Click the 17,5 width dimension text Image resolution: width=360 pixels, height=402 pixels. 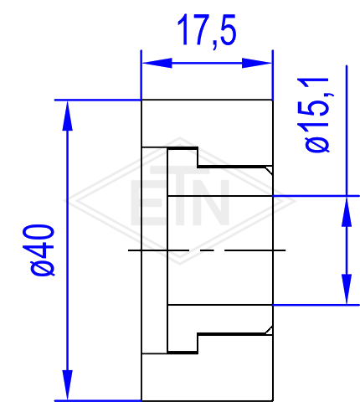tap(207, 31)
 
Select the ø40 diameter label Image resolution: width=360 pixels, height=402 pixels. tap(43, 250)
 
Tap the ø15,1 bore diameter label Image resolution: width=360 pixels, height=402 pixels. tap(317, 115)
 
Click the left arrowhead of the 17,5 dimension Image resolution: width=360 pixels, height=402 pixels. tap(157, 63)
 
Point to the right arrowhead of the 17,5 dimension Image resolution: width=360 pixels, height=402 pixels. tap(257, 63)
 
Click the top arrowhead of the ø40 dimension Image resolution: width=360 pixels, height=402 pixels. tap(67, 116)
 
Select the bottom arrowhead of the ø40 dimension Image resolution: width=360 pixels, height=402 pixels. tap(67, 385)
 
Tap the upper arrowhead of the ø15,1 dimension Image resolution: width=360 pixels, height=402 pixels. tap(347, 211)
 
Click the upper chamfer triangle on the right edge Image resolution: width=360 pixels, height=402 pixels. tap(269, 170)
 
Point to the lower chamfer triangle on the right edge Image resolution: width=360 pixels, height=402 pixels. tap(269, 330)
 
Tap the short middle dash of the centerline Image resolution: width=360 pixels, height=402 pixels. tap(207, 250)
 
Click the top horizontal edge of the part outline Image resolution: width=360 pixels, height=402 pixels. tap(207, 100)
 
